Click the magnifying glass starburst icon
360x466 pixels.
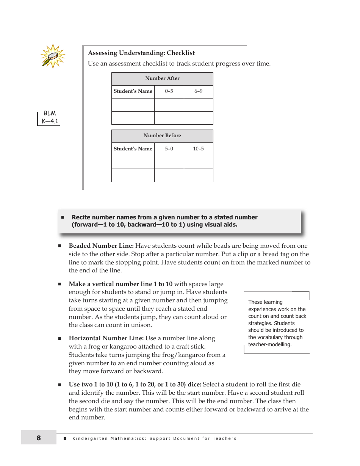[53, 56]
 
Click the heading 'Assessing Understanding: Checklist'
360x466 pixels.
[141, 53]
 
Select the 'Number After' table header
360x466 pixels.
[162, 78]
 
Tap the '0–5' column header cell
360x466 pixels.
[169, 91]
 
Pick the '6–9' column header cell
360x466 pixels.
[198, 91]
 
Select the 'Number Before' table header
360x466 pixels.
[162, 136]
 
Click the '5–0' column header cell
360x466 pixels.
[169, 149]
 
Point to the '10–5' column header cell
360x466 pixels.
[198, 149]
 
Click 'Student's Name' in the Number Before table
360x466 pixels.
[133, 149]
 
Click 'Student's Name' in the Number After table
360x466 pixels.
[133, 91]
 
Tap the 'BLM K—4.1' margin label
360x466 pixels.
[50, 117]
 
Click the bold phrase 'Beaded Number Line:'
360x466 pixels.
[101, 246]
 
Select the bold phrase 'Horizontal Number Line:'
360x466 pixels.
[106, 338]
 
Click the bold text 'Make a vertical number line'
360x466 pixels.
[110, 284]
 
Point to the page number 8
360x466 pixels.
[39, 438]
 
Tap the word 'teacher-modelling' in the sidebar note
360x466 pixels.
[269, 344]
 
